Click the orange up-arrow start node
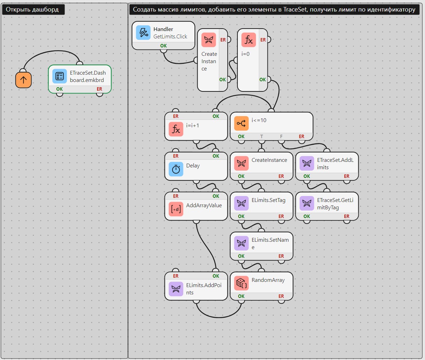[23, 80]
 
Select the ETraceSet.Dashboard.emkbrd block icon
[59, 76]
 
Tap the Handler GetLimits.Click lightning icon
[143, 32]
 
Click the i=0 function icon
[249, 40]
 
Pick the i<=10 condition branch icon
[241, 123]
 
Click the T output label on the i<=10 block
[261, 136]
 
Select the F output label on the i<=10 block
[281, 136]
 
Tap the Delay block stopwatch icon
[176, 169]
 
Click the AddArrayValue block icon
[176, 209]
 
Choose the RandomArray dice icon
[241, 283]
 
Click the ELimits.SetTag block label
[268, 200]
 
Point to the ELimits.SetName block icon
[241, 243]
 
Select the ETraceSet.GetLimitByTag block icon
[307, 203]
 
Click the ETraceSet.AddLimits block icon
[307, 163]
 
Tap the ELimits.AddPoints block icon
[176, 289]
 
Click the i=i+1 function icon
[176, 129]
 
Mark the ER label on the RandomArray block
[281, 296]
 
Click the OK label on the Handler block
[163, 46]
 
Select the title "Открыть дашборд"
[32, 9]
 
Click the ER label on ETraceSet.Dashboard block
[99, 89]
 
